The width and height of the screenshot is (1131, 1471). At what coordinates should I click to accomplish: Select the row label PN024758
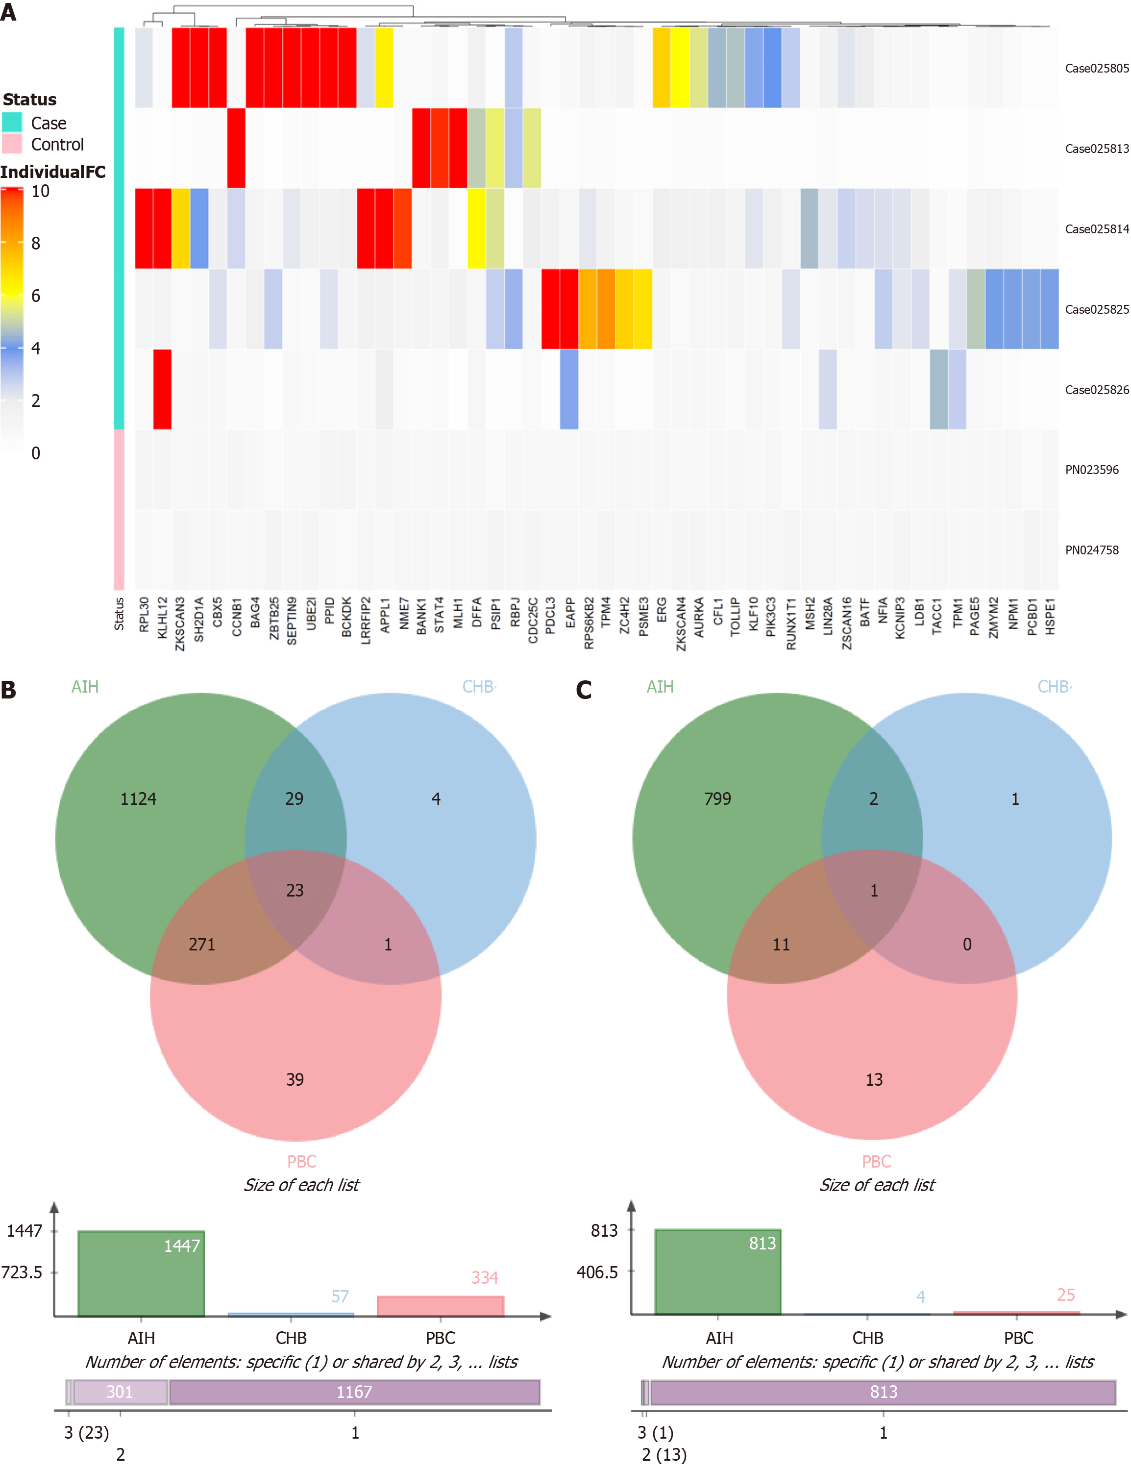pyautogui.click(x=1091, y=550)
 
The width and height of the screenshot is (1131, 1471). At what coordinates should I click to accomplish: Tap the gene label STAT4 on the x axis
pyautogui.click(x=439, y=615)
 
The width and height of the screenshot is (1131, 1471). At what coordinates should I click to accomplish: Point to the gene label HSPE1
pyautogui.click(x=1050, y=617)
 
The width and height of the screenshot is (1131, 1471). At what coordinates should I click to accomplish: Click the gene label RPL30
pyautogui.click(x=144, y=615)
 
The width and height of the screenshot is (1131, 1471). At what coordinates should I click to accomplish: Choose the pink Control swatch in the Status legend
pyautogui.click(x=12, y=144)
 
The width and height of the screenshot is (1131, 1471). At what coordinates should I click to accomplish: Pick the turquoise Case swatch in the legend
pyautogui.click(x=12, y=123)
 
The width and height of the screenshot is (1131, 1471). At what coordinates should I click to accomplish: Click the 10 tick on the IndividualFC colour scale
pyautogui.click(x=40, y=191)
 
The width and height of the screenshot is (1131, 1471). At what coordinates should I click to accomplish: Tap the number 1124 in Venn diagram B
pyautogui.click(x=138, y=799)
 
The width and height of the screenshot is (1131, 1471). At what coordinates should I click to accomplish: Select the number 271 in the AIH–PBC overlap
pyautogui.click(x=202, y=945)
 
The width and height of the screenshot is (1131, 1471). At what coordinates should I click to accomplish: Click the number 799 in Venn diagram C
pyautogui.click(x=717, y=799)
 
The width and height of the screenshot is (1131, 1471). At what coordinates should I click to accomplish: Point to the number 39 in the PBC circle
pyautogui.click(x=295, y=1080)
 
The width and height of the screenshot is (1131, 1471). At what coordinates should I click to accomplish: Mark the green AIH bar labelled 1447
pyautogui.click(x=141, y=1273)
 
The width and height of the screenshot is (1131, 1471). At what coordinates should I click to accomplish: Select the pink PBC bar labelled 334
pyautogui.click(x=440, y=1306)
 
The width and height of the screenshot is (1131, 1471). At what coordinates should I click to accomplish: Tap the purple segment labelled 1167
pyautogui.click(x=354, y=1392)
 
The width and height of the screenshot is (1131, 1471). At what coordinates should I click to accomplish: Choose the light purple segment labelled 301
pyautogui.click(x=120, y=1392)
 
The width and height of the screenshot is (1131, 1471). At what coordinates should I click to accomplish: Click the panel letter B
pyautogui.click(x=9, y=690)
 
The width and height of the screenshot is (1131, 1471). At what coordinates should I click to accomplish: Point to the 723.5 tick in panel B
pyautogui.click(x=22, y=1272)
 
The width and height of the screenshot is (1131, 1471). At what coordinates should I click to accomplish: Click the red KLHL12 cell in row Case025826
pyautogui.click(x=162, y=389)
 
